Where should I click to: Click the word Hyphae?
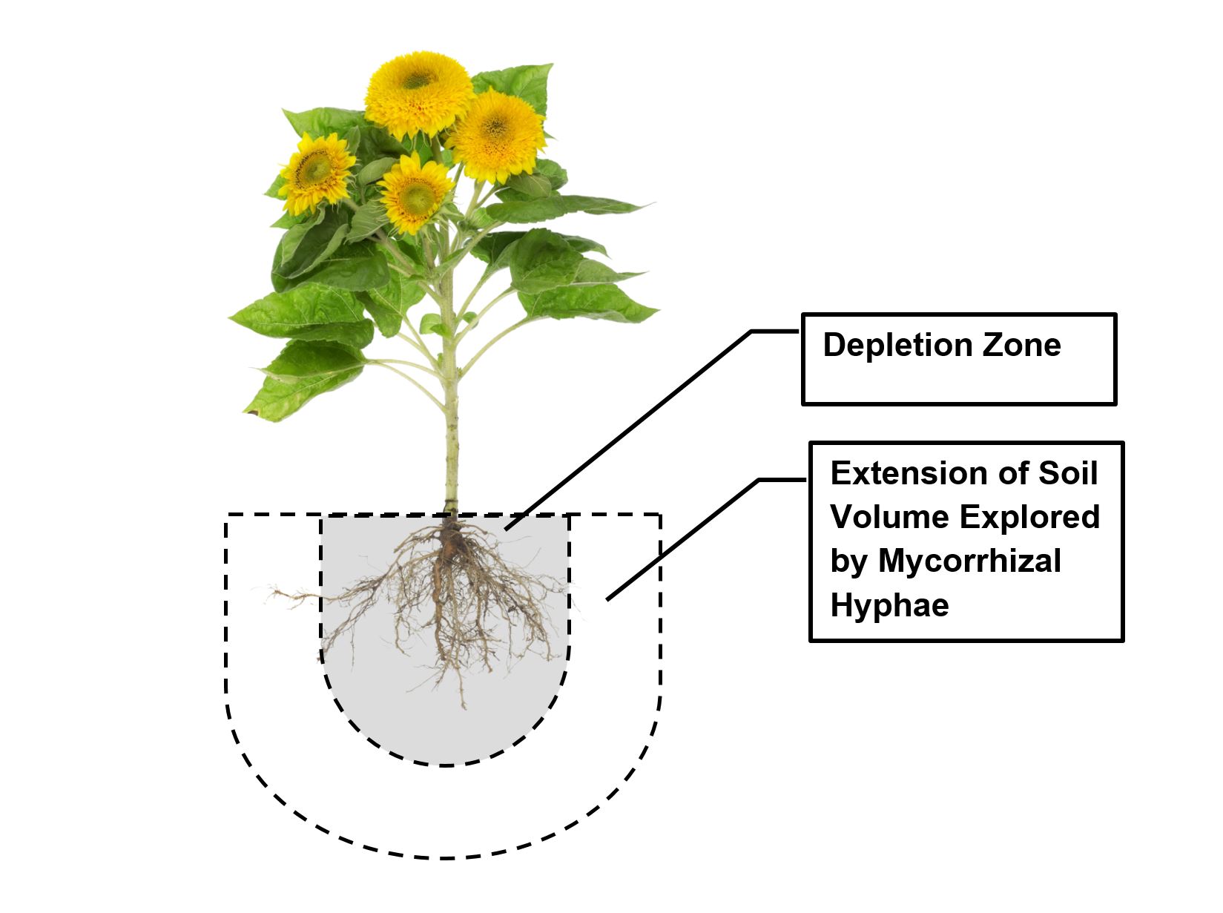[889, 606]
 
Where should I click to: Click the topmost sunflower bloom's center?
[419, 79]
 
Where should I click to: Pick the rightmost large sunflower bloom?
[495, 136]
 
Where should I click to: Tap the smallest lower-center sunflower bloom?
[415, 194]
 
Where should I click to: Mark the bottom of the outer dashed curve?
[444, 858]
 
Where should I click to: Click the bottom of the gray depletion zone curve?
[444, 764]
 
